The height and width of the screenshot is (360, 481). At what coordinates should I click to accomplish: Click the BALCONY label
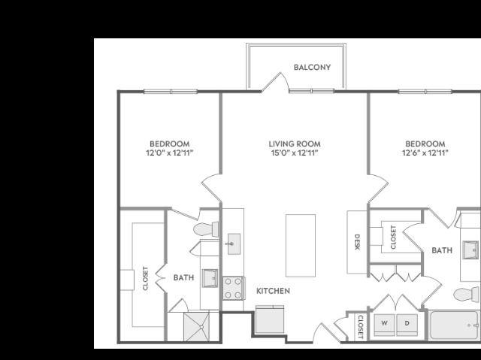(x=312, y=67)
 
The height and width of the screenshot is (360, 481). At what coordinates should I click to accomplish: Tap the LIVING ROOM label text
(x=295, y=144)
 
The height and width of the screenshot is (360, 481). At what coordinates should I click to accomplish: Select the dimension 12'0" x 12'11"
(x=170, y=153)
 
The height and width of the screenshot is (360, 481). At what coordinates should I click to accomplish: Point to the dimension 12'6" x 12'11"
(x=425, y=153)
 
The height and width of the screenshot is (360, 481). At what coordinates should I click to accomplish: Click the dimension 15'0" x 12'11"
(x=295, y=153)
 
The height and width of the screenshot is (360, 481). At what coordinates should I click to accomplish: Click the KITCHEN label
(x=273, y=291)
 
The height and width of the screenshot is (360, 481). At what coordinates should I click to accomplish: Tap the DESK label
(x=357, y=242)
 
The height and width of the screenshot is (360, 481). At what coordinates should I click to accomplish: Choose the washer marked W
(x=384, y=325)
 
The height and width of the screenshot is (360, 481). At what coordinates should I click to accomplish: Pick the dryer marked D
(x=407, y=325)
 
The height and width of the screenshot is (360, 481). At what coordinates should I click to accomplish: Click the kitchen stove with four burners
(x=233, y=289)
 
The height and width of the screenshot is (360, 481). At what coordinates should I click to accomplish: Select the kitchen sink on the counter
(x=234, y=244)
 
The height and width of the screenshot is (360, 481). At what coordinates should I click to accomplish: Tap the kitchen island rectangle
(x=301, y=246)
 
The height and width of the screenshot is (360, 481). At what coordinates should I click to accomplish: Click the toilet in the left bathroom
(x=206, y=229)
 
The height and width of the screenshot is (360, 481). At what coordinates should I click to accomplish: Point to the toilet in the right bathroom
(x=466, y=295)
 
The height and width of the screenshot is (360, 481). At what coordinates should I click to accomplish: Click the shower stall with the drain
(x=197, y=327)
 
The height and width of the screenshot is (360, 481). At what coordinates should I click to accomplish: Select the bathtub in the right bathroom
(x=455, y=325)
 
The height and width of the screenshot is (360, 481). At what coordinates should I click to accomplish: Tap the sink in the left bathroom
(x=210, y=278)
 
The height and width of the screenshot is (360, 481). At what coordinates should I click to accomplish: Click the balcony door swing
(x=275, y=82)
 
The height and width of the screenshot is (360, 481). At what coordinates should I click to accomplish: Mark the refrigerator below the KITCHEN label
(x=270, y=319)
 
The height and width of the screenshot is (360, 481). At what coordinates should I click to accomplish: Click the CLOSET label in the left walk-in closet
(x=145, y=278)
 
